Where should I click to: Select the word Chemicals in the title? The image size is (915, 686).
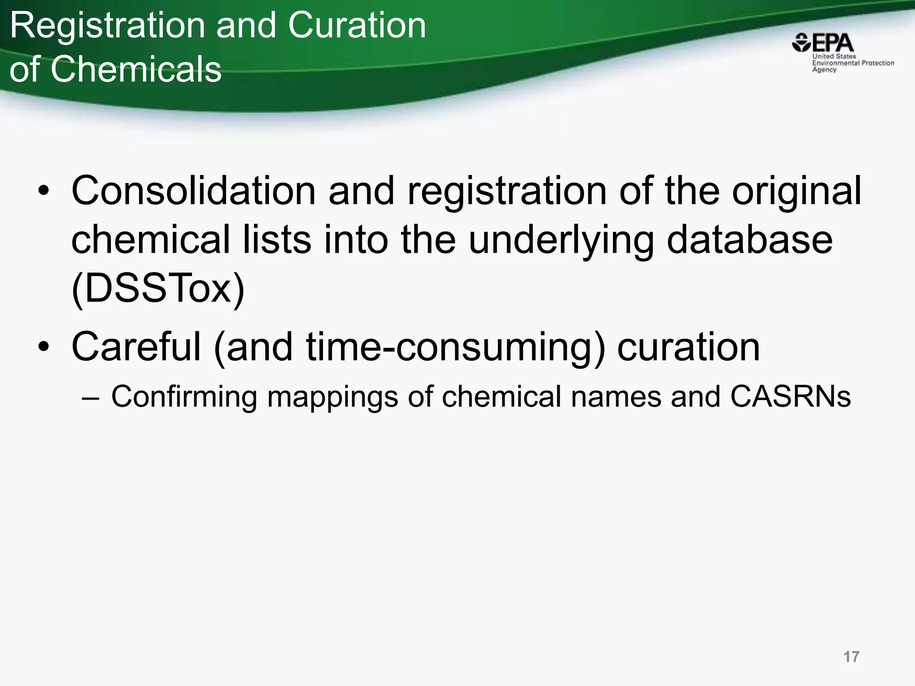click(136, 70)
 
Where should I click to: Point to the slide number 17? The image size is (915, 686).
click(851, 657)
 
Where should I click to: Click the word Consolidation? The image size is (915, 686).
click(193, 191)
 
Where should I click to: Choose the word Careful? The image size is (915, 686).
click(136, 347)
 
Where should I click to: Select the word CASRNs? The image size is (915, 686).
click(790, 396)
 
